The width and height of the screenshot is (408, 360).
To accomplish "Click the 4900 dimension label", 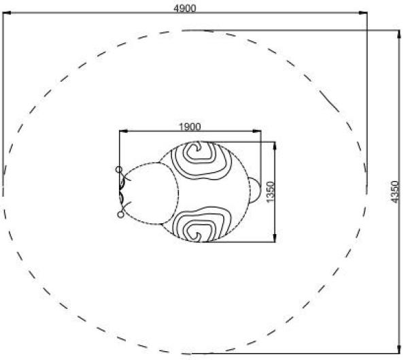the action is pyautogui.click(x=185, y=8).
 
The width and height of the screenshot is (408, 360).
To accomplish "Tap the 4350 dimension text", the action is pyautogui.click(x=395, y=192).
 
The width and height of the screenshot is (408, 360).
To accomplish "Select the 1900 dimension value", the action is pyautogui.click(x=190, y=127).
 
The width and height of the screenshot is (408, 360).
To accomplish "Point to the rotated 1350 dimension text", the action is pyautogui.click(x=271, y=192).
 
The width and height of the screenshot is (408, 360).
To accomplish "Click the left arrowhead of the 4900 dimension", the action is pyautogui.click(x=7, y=12).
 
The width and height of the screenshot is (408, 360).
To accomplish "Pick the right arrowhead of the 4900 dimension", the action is pyautogui.click(x=363, y=12).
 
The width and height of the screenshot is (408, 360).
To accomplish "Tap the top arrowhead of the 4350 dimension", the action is pyautogui.click(x=399, y=35).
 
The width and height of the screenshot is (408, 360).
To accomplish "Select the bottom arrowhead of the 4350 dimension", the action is pyautogui.click(x=399, y=349).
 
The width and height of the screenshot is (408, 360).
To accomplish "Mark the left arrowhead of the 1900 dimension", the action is pyautogui.click(x=124, y=131).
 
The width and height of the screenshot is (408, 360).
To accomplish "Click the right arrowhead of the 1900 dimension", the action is pyautogui.click(x=256, y=131).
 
